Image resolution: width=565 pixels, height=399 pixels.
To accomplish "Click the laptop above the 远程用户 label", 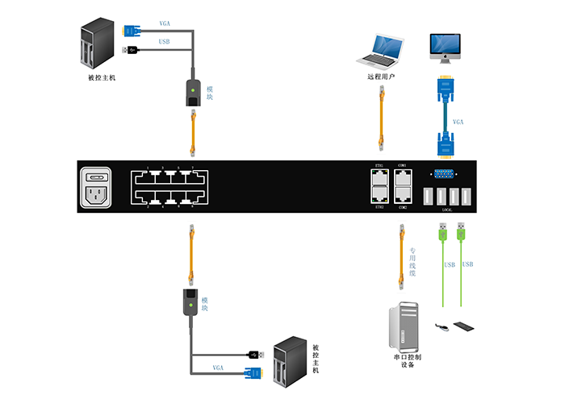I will pos(381,50).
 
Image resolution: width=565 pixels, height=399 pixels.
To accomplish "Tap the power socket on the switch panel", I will pos(97,190).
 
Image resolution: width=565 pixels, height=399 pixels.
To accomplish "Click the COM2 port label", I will pos(403,206).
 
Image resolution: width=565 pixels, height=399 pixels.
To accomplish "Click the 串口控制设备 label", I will pos(408,360).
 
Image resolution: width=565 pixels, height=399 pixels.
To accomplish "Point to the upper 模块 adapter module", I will pos(192,89).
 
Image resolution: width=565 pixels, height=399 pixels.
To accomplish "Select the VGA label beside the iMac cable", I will pos(458,122).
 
